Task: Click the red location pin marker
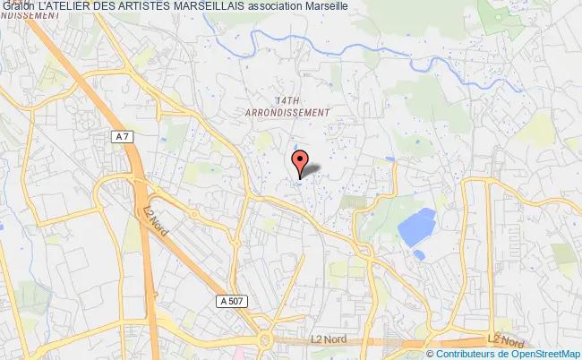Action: (301, 161)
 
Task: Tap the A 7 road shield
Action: (124, 136)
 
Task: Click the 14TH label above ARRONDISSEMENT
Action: (288, 100)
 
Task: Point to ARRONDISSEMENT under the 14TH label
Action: (288, 112)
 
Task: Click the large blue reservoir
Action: (416, 225)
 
